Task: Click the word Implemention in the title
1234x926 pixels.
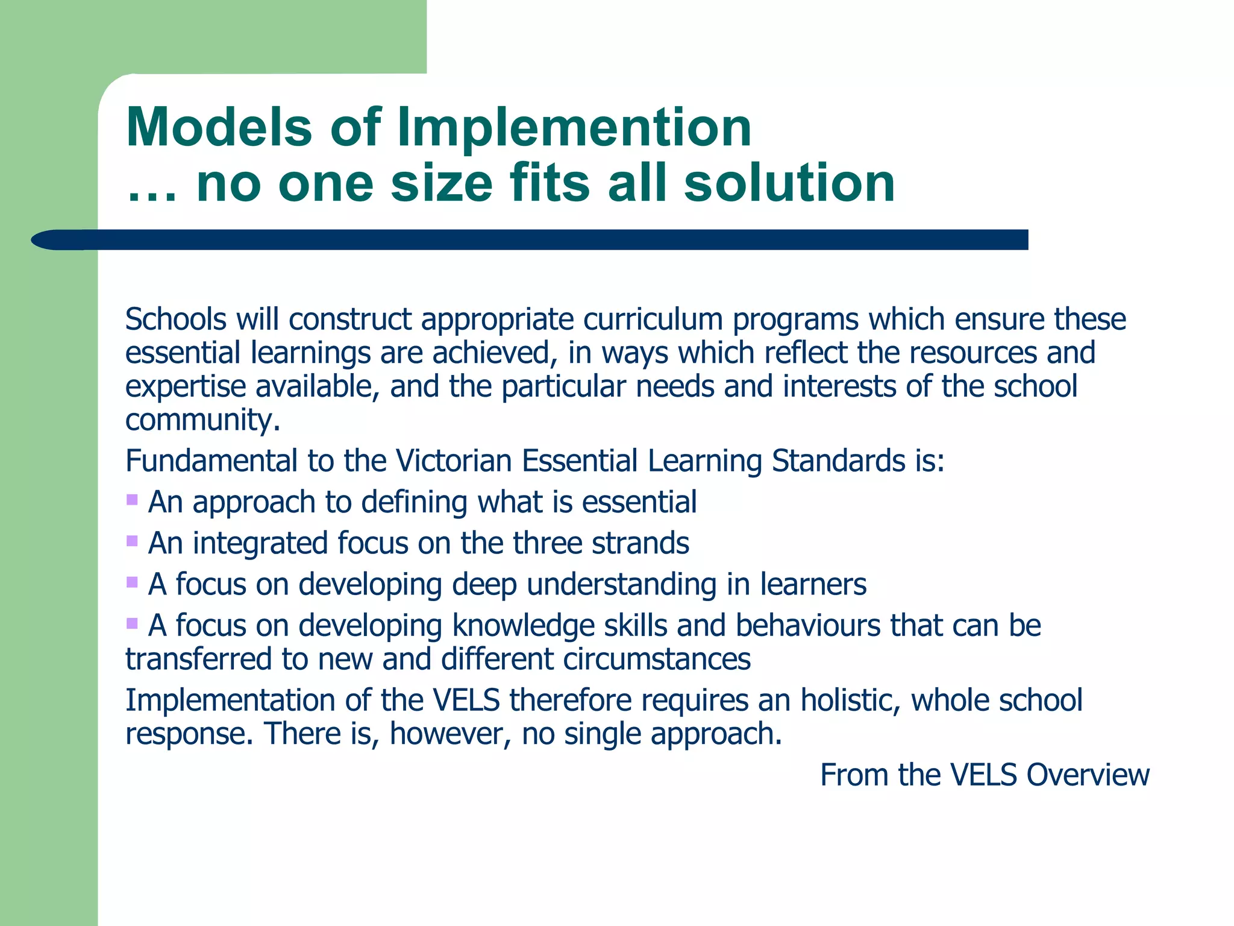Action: tap(574, 128)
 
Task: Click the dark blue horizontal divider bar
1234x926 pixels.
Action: tap(542, 239)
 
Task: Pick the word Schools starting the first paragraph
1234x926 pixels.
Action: tap(175, 319)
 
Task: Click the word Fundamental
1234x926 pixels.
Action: tap(211, 461)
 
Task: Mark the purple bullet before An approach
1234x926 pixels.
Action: tap(132, 499)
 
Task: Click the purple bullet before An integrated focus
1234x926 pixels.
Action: tap(132, 541)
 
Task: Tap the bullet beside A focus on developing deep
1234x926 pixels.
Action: tap(132, 582)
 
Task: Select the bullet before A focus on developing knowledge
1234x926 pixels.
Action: tap(132, 623)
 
